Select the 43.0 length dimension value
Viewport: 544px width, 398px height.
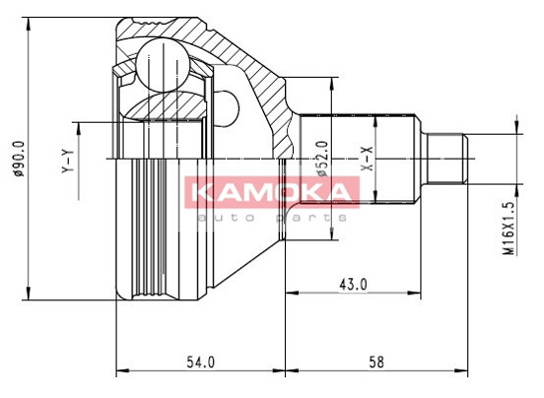tap(353, 284)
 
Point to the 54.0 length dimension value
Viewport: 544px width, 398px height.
tap(200, 362)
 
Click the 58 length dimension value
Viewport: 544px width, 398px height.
tap(376, 362)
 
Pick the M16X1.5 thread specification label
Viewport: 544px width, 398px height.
tap(508, 228)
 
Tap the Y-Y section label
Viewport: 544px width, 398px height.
tap(68, 162)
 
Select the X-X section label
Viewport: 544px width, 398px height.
tap(367, 159)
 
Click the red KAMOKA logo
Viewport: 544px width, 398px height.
tap(272, 193)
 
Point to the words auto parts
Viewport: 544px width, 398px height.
tap(272, 217)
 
